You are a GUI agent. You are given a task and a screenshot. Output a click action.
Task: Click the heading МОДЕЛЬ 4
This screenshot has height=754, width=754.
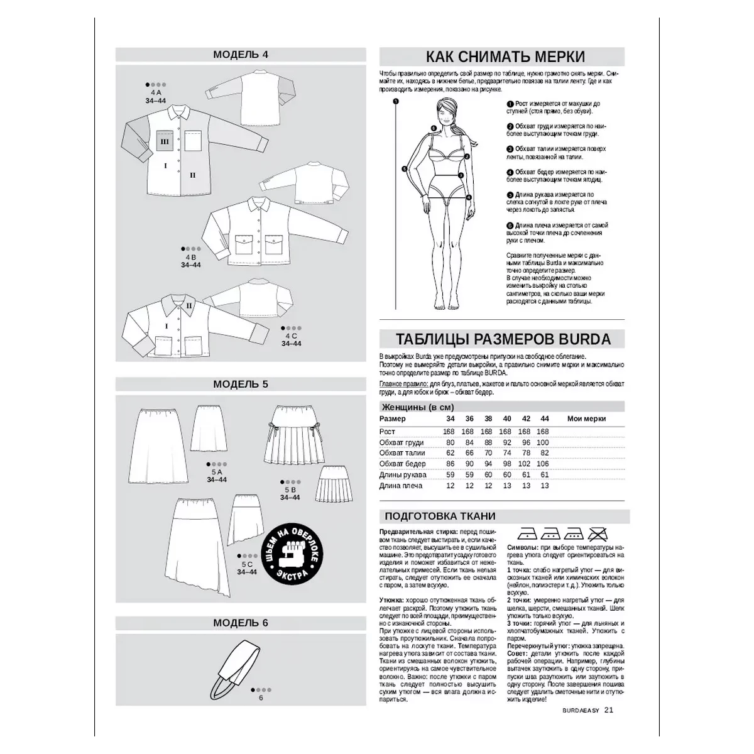tap(241, 54)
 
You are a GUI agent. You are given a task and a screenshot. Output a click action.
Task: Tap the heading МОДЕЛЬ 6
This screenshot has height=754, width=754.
tap(241, 623)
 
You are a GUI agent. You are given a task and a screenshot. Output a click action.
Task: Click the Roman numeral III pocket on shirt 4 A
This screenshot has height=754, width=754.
tap(165, 143)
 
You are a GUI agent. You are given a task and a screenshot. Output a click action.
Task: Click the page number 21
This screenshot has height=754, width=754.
tap(608, 711)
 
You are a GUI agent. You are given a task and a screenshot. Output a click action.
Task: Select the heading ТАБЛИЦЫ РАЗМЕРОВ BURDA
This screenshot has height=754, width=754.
tap(503, 339)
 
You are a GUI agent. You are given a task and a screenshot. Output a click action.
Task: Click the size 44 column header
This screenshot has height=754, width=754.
tap(544, 418)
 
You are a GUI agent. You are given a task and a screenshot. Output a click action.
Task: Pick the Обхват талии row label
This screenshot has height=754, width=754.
tap(402, 453)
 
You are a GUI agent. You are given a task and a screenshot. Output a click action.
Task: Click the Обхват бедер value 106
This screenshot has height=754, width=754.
tap(544, 464)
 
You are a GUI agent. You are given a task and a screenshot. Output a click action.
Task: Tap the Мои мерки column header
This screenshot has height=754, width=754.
tap(586, 418)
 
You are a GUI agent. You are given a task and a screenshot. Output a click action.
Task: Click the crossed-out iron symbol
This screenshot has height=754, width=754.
tap(598, 535)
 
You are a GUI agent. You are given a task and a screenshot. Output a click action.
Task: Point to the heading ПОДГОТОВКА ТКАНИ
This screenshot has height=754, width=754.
tap(440, 516)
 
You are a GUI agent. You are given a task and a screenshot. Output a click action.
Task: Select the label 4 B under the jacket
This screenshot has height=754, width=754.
tap(190, 257)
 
